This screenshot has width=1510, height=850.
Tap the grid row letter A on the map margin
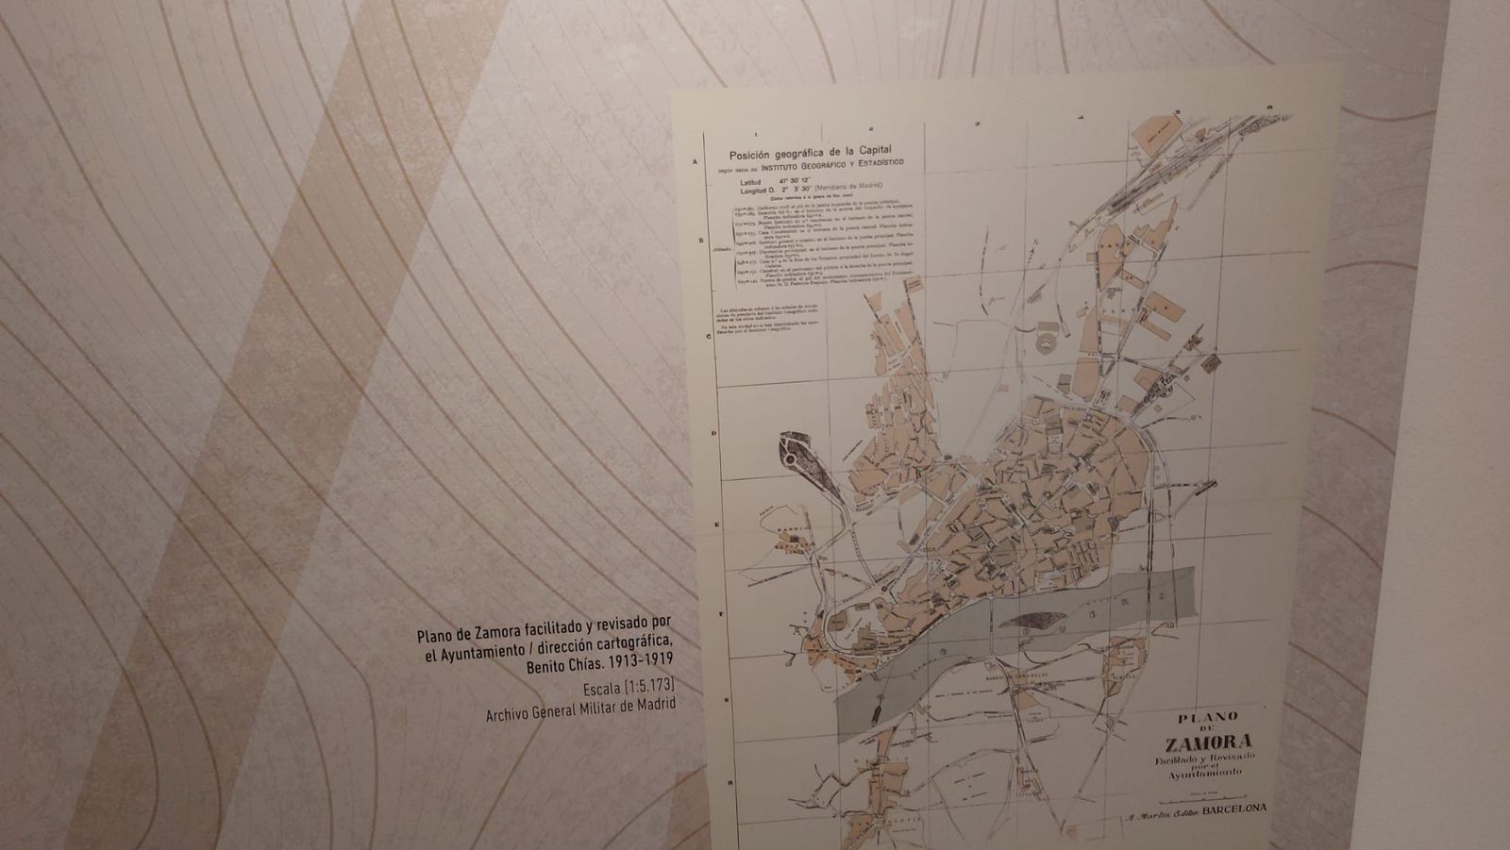coord(696,161)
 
